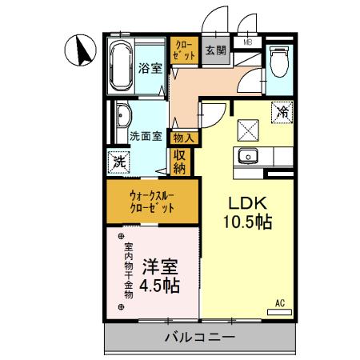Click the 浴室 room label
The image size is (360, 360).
(x=150, y=68)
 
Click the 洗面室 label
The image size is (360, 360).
(x=146, y=136)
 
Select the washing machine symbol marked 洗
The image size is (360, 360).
(x=118, y=160)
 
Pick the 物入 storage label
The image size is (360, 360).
(x=182, y=138)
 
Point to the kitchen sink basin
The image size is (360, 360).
(x=247, y=155)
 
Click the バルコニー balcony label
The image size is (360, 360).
(x=200, y=338)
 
